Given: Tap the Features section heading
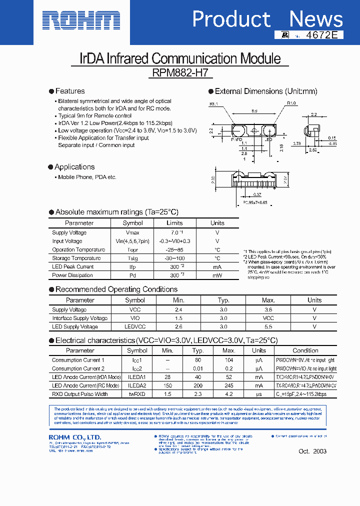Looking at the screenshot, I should (69, 91).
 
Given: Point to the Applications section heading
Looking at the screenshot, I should (74, 167).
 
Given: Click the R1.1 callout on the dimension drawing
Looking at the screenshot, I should (214, 104).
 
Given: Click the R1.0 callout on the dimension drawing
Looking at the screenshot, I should (291, 103).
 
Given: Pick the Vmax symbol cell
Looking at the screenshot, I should (132, 232).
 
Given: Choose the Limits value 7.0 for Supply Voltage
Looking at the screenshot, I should (173, 232).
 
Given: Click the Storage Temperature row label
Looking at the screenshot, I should (76, 258).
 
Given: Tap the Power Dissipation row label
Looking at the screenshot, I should (72, 275).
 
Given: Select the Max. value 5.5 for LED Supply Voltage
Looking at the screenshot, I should (268, 326).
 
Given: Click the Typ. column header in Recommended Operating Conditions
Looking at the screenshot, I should (223, 300).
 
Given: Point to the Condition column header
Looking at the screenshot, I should (305, 350).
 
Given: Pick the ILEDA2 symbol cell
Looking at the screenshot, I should (137, 385).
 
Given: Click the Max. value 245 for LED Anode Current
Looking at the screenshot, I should (229, 385).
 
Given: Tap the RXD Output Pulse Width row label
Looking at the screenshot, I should (79, 394).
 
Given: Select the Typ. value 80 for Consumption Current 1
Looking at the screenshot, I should (198, 360).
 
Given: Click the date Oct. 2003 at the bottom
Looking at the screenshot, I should (312, 451).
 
